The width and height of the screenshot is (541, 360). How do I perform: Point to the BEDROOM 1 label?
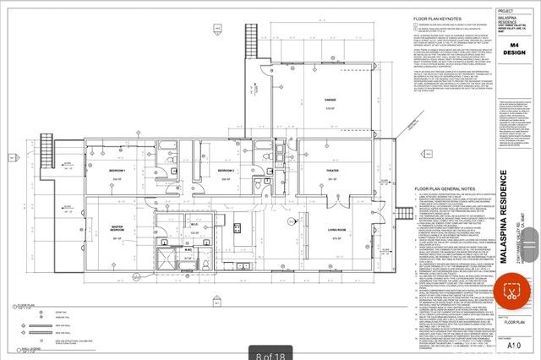[117, 172]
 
